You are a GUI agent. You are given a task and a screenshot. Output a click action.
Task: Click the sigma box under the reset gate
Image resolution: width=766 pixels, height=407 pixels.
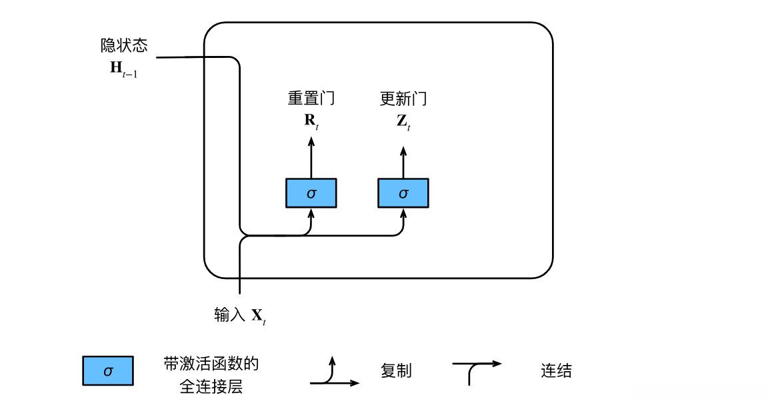coord(311,193)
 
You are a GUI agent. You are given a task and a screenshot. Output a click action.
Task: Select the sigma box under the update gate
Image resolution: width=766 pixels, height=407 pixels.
coord(403,193)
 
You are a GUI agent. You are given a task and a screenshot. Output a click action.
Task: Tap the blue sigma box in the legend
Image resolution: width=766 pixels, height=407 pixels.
coord(108,371)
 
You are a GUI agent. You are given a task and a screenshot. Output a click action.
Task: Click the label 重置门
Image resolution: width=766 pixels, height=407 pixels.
coord(311,99)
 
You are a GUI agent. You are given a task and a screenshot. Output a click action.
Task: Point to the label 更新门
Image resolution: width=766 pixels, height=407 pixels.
coord(403,99)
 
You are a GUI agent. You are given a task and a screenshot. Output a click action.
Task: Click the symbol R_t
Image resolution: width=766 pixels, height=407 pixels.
coord(311,121)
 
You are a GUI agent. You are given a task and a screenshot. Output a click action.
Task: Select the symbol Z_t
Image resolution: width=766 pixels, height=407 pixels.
coord(403,121)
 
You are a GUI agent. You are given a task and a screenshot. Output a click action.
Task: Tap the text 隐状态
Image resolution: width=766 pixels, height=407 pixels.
coord(124,45)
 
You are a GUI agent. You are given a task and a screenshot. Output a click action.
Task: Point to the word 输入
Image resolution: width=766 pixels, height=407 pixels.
coord(230,314)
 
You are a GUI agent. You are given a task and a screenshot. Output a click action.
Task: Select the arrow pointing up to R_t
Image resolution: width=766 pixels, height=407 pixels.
coord(311,157)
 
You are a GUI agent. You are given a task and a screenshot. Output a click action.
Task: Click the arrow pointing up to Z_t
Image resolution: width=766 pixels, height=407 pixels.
coord(403,157)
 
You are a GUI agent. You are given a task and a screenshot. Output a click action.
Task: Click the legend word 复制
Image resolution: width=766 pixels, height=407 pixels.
coord(396,371)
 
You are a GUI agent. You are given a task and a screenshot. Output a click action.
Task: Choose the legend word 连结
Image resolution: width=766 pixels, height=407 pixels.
coord(556,371)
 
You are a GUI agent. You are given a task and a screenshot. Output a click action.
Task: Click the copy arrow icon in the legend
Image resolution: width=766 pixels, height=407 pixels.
coord(333,373)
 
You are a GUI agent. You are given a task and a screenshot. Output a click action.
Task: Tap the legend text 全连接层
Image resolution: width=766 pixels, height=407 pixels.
coord(211,386)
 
